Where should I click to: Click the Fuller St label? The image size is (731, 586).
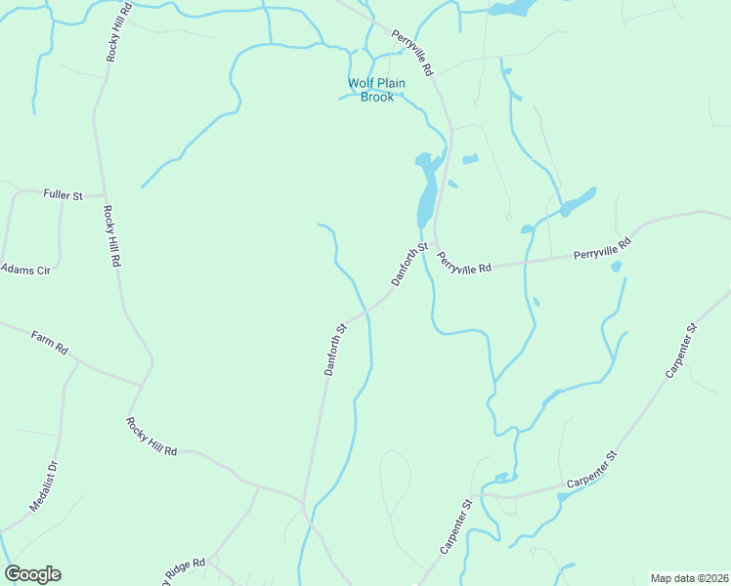(x=64, y=194)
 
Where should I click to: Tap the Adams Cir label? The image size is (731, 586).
(x=23, y=268)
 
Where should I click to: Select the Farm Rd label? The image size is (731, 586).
(x=48, y=342)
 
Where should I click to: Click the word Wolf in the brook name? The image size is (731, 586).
(x=361, y=83)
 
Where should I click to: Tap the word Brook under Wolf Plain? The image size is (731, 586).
(x=376, y=97)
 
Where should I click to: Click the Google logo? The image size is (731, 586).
(x=32, y=574)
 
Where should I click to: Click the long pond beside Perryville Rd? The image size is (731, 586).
(x=426, y=195)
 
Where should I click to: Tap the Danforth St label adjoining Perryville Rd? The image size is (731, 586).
(x=410, y=264)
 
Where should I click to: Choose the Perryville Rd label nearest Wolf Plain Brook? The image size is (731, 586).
(x=411, y=53)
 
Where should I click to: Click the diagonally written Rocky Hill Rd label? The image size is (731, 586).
(x=150, y=437)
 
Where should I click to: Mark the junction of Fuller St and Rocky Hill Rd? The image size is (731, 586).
(x=104, y=195)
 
